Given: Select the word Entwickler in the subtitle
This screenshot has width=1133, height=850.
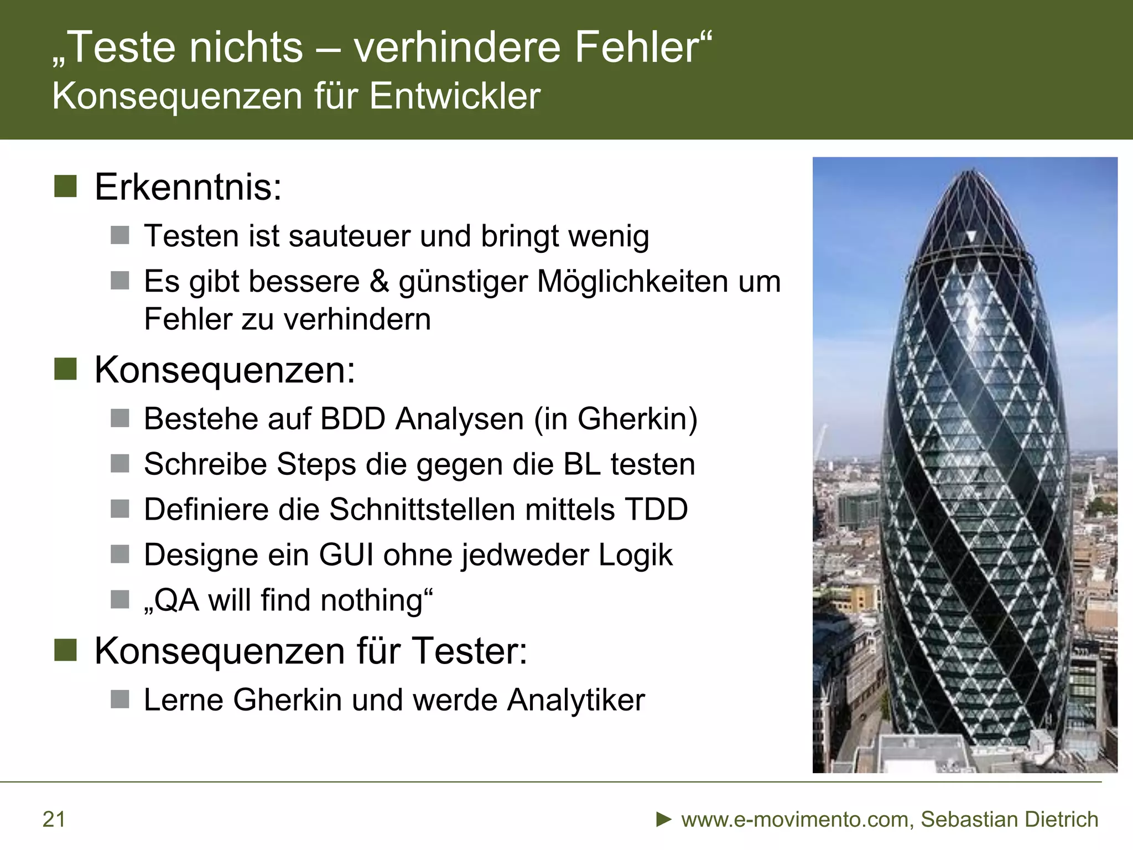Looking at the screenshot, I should tap(455, 96).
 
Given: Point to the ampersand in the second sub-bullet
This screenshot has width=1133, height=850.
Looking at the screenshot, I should tap(379, 281).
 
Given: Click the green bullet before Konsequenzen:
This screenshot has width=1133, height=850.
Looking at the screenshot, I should tap(65, 369).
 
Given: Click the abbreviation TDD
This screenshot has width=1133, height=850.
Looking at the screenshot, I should tap(656, 509).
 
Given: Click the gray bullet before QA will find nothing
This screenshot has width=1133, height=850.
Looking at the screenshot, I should tap(119, 599).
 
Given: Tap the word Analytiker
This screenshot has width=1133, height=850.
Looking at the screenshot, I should tap(576, 700).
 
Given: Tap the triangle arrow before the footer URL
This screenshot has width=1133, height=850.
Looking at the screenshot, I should tap(663, 819).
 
